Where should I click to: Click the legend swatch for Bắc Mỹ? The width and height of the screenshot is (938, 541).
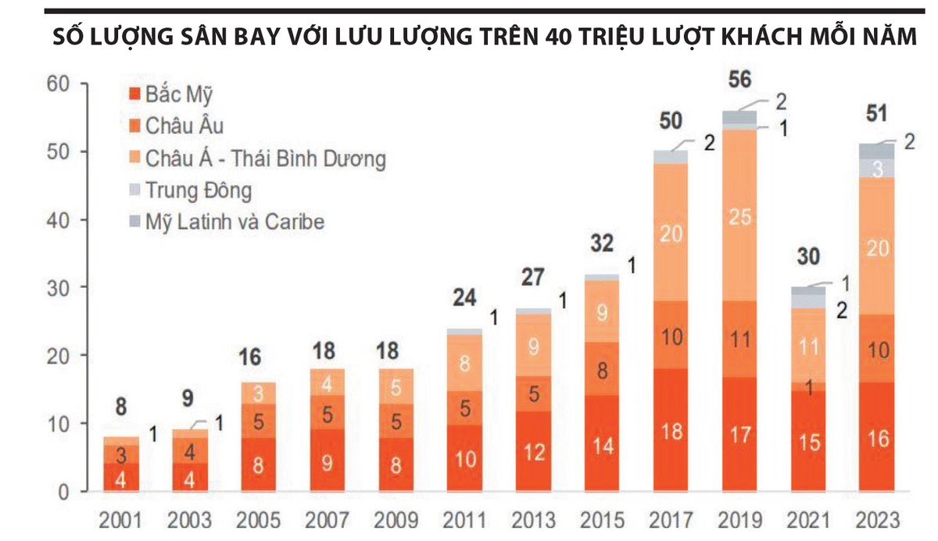click(134, 95)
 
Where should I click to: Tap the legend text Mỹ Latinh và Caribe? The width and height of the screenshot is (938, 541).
click(234, 222)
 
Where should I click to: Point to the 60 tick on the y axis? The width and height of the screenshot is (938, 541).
click(59, 84)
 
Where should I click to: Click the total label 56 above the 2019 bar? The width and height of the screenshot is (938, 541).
click(739, 81)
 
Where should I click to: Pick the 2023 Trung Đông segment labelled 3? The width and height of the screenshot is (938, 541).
click(878, 167)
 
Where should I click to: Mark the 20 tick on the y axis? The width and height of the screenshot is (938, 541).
click(59, 356)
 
